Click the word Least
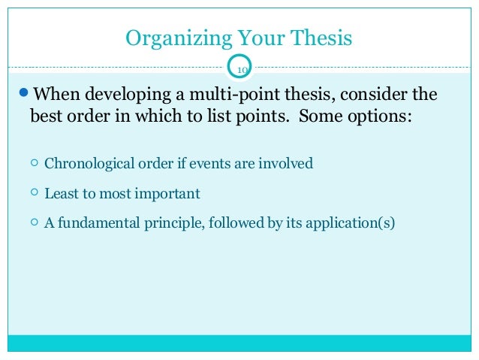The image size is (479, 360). point(59,193)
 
